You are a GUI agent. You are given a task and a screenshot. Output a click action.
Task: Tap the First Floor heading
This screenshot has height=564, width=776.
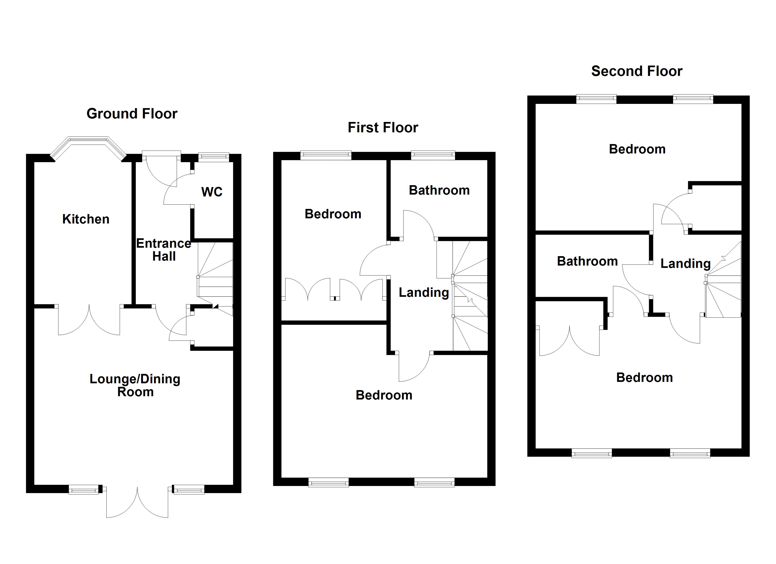click(383, 128)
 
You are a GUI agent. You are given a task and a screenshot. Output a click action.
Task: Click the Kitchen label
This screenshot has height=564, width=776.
click(86, 219)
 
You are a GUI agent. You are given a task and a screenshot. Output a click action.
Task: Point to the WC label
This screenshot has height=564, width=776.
click(212, 192)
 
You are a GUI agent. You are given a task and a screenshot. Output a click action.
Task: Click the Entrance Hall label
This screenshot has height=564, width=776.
click(164, 250)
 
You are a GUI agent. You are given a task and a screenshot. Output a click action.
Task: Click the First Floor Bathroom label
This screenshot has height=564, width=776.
click(439, 190)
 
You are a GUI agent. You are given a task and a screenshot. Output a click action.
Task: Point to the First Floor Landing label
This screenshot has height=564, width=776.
click(424, 292)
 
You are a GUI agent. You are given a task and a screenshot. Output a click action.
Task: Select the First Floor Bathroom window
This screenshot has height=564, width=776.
click(433, 155)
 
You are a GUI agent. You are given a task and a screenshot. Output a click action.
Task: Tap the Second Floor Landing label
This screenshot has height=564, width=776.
click(685, 263)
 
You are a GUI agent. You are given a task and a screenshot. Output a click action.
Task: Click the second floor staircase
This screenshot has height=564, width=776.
click(723, 287)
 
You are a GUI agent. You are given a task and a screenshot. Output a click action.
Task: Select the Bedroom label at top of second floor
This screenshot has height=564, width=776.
click(637, 149)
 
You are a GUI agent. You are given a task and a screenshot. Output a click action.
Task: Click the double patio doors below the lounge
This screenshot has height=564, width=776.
click(137, 503)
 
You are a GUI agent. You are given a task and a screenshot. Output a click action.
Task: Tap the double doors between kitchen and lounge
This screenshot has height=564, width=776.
click(89, 320)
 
